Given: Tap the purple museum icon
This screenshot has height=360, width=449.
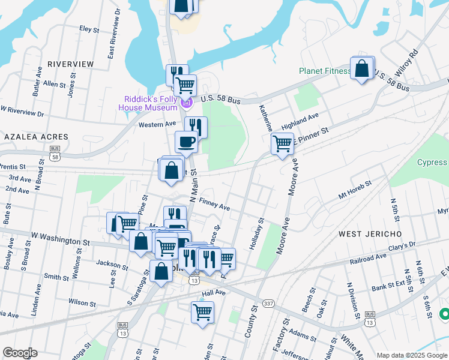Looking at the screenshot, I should (186, 104).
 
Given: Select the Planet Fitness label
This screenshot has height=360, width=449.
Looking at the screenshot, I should (325, 71).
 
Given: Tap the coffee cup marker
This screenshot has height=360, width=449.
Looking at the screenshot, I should (186, 142).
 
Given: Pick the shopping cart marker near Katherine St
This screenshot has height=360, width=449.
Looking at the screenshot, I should (282, 144).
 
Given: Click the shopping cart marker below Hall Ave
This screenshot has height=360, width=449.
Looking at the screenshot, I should (202, 312).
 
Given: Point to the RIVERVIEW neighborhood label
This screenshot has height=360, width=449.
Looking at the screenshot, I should (70, 64).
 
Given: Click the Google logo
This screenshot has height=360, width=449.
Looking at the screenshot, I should (20, 353).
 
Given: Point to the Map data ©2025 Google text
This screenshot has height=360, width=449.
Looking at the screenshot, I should (412, 355).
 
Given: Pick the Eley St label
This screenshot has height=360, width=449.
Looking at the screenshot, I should (88, 28).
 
